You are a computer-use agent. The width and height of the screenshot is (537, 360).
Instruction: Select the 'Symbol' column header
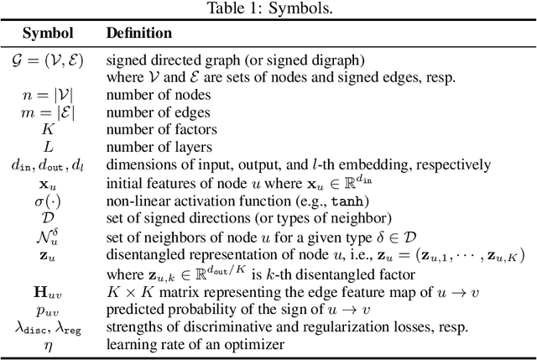click(x=47, y=34)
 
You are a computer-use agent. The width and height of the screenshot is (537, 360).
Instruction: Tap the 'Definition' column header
click(x=138, y=34)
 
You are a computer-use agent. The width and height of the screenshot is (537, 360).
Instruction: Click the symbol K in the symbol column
click(x=47, y=129)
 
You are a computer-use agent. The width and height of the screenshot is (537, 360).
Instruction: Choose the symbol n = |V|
click(x=47, y=97)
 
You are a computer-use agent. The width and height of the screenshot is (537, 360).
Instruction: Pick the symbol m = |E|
click(x=47, y=113)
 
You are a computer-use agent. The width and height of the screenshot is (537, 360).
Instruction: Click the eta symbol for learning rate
click(x=47, y=345)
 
